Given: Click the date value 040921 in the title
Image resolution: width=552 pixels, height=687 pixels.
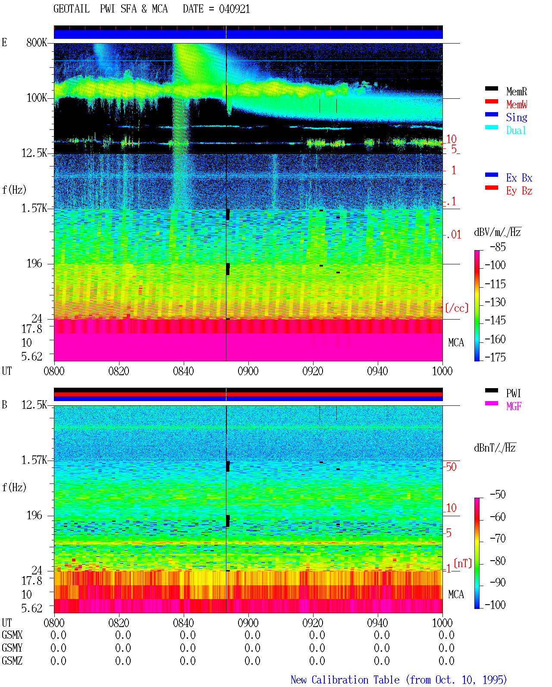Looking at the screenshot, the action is tap(234, 9).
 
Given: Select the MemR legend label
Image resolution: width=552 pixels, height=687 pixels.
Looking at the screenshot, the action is tap(517, 91).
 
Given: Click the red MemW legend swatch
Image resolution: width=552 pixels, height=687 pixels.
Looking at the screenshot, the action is tap(491, 101).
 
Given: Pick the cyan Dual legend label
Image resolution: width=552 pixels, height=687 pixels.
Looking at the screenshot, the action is tap(516, 130).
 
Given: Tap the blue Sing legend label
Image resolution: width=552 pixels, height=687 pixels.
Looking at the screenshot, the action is tap(517, 117).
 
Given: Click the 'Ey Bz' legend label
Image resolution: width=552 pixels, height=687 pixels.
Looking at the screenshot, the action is tap(519, 191).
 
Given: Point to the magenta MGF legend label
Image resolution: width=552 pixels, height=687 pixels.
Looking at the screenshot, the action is tap(514, 406).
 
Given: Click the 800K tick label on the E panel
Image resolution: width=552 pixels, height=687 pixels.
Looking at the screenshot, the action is tap(37, 42).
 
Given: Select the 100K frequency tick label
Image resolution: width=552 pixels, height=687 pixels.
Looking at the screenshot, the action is tap(37, 98).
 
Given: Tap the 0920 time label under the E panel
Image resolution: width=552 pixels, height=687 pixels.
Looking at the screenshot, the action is tap(313, 371).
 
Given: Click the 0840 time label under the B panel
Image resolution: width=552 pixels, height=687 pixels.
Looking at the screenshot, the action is tap(183, 623).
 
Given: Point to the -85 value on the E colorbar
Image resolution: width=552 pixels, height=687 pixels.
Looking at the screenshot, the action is tap(498, 247).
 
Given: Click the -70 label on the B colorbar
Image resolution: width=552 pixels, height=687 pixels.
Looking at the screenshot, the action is tap(498, 539).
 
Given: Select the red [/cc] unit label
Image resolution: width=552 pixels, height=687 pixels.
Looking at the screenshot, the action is tap(457, 308).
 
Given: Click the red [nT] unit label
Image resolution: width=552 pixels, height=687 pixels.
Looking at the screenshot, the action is tap(463, 563).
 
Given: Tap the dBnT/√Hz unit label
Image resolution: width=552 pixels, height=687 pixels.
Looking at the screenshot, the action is tap(495, 448).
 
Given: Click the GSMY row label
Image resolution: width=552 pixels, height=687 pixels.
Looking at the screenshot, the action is tap(12, 648).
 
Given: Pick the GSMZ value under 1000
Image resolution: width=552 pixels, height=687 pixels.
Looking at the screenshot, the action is tap(446, 661).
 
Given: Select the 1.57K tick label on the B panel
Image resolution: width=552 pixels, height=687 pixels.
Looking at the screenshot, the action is tap(34, 460).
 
